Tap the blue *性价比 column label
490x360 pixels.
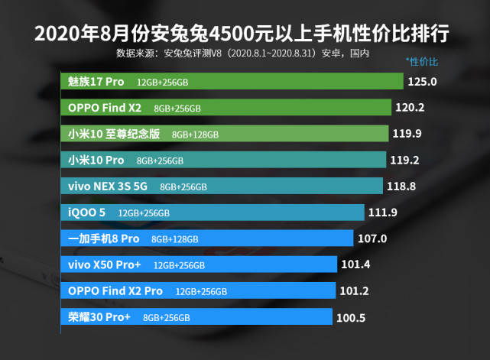tap(421, 60)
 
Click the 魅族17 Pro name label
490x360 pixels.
tap(96, 81)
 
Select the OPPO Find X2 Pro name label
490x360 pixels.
tap(115, 290)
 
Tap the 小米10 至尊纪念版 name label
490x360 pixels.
tap(114, 134)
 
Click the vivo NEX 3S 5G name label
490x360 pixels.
tap(108, 186)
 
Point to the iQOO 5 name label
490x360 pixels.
tap(86, 212)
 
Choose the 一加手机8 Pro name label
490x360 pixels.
tap(104, 238)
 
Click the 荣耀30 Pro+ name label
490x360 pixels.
tap(99, 316)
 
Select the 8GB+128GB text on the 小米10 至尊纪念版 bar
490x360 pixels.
tap(195, 135)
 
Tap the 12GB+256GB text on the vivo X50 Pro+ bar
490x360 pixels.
tap(179, 265)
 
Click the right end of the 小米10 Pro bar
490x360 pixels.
tap(384, 160)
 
